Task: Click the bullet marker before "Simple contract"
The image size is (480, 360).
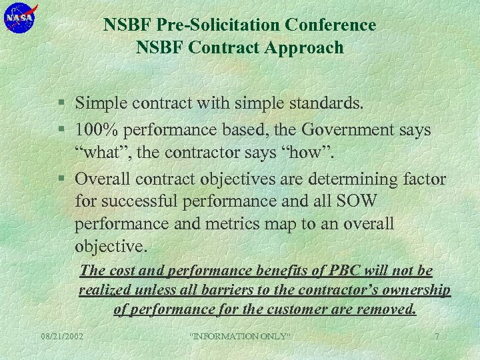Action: point(61,104)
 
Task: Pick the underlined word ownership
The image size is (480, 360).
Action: point(415,290)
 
